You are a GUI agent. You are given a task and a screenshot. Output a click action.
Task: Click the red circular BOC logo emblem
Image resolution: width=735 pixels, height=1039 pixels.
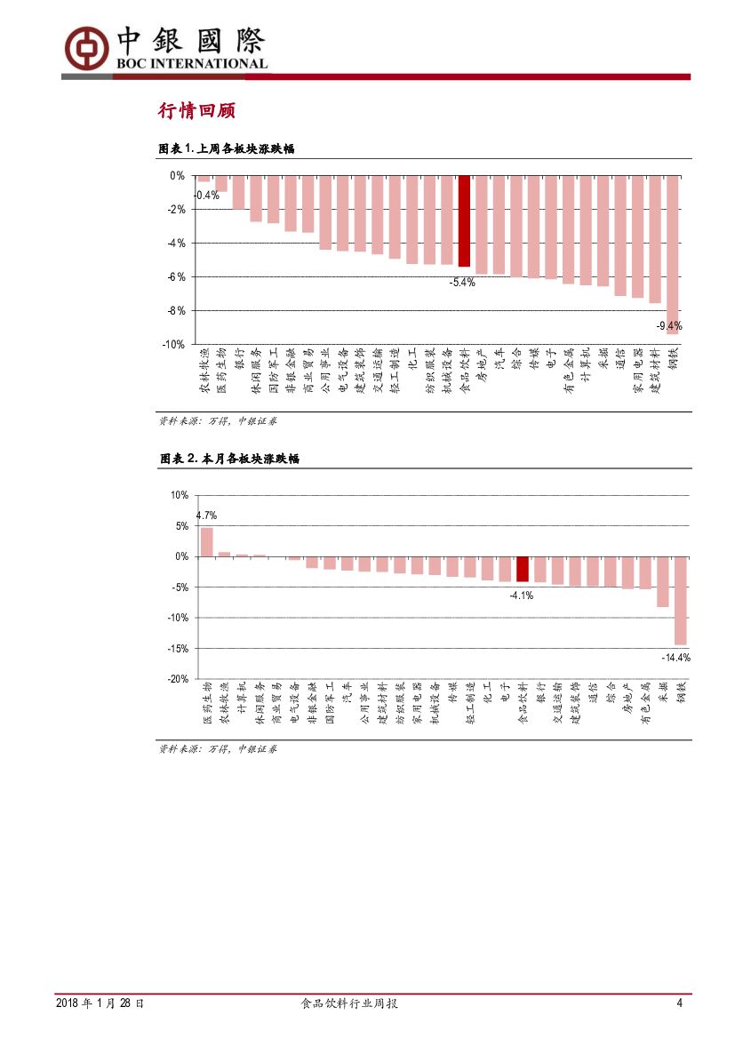[84, 45]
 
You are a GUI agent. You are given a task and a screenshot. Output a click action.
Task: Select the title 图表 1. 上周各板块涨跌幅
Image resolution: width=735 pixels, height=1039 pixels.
[225, 149]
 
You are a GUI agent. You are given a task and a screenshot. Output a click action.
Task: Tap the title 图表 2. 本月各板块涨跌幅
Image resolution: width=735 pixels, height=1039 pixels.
[228, 459]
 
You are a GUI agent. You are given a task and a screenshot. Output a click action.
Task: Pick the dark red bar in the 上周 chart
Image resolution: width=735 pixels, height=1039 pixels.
[463, 221]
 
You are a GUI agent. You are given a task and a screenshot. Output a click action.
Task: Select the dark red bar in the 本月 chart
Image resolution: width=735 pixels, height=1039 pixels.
[522, 569]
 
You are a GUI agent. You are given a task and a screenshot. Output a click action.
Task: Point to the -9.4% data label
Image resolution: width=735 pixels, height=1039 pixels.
[668, 326]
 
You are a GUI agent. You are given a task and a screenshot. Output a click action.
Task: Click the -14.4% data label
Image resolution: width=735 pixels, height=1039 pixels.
[675, 658]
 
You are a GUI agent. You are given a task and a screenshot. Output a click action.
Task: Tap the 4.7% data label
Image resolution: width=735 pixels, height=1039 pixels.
[206, 516]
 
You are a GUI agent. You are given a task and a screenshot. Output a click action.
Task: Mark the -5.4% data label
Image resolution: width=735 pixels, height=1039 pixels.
[462, 283]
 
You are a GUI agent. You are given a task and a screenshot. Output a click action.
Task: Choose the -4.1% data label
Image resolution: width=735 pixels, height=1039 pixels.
[521, 595]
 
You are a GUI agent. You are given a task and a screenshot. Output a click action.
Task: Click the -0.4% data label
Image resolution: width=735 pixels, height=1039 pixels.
[206, 195]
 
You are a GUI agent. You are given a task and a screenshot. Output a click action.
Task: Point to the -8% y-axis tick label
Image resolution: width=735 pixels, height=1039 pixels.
[175, 310]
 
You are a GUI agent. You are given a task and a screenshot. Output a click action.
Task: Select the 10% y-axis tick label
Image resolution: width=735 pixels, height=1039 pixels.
[179, 495]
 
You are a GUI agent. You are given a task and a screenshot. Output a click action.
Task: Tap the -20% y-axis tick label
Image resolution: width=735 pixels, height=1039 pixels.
[177, 678]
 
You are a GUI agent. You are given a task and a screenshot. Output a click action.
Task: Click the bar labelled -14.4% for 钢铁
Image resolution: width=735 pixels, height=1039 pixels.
[680, 600]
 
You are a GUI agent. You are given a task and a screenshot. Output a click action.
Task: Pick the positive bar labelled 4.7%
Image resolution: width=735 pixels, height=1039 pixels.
[206, 542]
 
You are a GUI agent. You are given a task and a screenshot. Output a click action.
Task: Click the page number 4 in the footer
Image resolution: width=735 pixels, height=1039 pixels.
[680, 1003]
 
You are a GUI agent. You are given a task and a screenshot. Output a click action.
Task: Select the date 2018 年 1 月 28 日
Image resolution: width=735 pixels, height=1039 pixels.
[100, 1003]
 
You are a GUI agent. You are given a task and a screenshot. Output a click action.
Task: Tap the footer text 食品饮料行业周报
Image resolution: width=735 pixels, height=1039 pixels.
[349, 1003]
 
